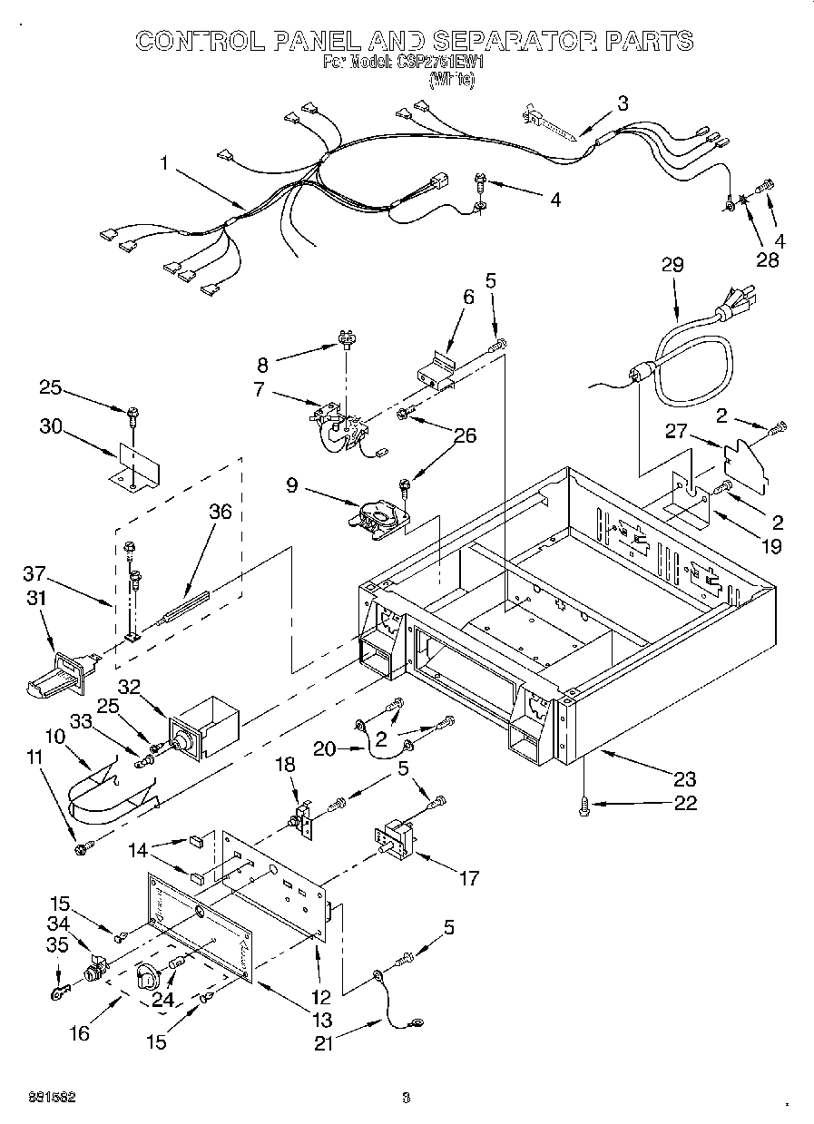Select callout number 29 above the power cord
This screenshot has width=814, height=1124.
(672, 265)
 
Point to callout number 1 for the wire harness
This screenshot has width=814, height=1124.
(164, 163)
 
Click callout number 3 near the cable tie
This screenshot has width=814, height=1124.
(622, 103)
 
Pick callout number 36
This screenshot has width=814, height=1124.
(220, 512)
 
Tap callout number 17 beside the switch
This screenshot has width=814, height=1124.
(469, 877)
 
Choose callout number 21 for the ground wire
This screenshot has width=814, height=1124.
(325, 1043)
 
